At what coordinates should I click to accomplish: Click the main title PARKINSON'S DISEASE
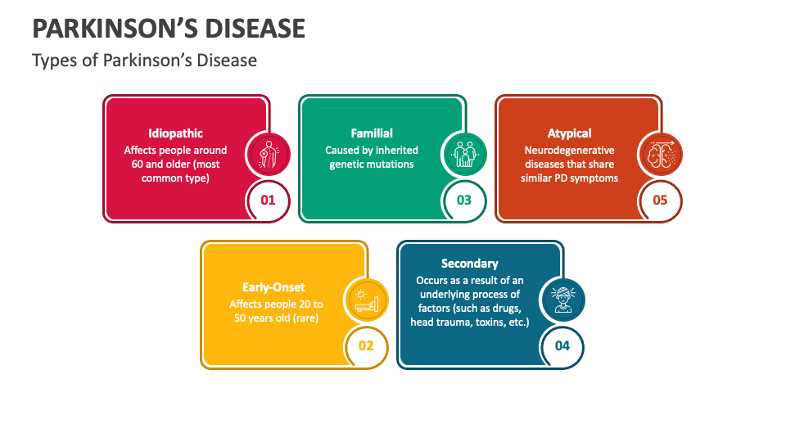tap(169, 29)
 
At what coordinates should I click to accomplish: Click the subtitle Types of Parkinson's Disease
tap(144, 61)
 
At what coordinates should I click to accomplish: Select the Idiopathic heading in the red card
tap(175, 133)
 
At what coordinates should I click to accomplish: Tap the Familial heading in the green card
tap(372, 133)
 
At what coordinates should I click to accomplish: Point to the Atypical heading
tap(570, 133)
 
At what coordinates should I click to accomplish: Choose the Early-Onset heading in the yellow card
tap(273, 287)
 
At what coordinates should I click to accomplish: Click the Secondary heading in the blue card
tap(470, 264)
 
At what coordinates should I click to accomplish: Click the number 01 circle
tap(269, 201)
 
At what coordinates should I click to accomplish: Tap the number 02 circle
tap(366, 345)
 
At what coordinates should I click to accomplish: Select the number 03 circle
tap(464, 201)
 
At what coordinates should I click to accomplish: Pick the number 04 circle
tap(562, 345)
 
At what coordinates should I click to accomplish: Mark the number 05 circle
tap(660, 201)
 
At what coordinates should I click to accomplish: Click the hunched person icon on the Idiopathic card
tap(269, 155)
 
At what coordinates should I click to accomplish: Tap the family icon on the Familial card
tap(464, 155)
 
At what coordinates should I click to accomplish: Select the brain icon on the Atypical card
tap(660, 155)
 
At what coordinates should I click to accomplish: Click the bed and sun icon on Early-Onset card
tap(366, 300)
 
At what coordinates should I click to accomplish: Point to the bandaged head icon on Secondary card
tap(562, 300)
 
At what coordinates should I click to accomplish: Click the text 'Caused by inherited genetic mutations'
tap(372, 157)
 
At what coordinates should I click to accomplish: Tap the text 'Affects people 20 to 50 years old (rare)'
tap(276, 311)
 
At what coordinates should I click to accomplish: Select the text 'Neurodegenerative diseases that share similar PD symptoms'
tap(570, 165)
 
